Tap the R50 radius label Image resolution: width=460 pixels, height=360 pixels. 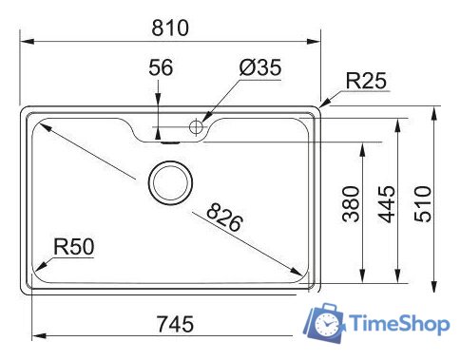click(x=73, y=248)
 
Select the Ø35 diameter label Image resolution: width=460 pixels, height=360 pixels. click(x=260, y=67)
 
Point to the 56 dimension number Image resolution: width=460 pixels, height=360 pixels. click(x=161, y=67)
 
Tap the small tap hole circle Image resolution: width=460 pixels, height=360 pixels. click(x=198, y=126)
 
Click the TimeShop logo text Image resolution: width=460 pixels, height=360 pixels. click(x=398, y=324)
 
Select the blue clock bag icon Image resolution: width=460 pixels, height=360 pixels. click(x=323, y=325)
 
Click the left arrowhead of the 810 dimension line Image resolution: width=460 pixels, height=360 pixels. click(x=26, y=41)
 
